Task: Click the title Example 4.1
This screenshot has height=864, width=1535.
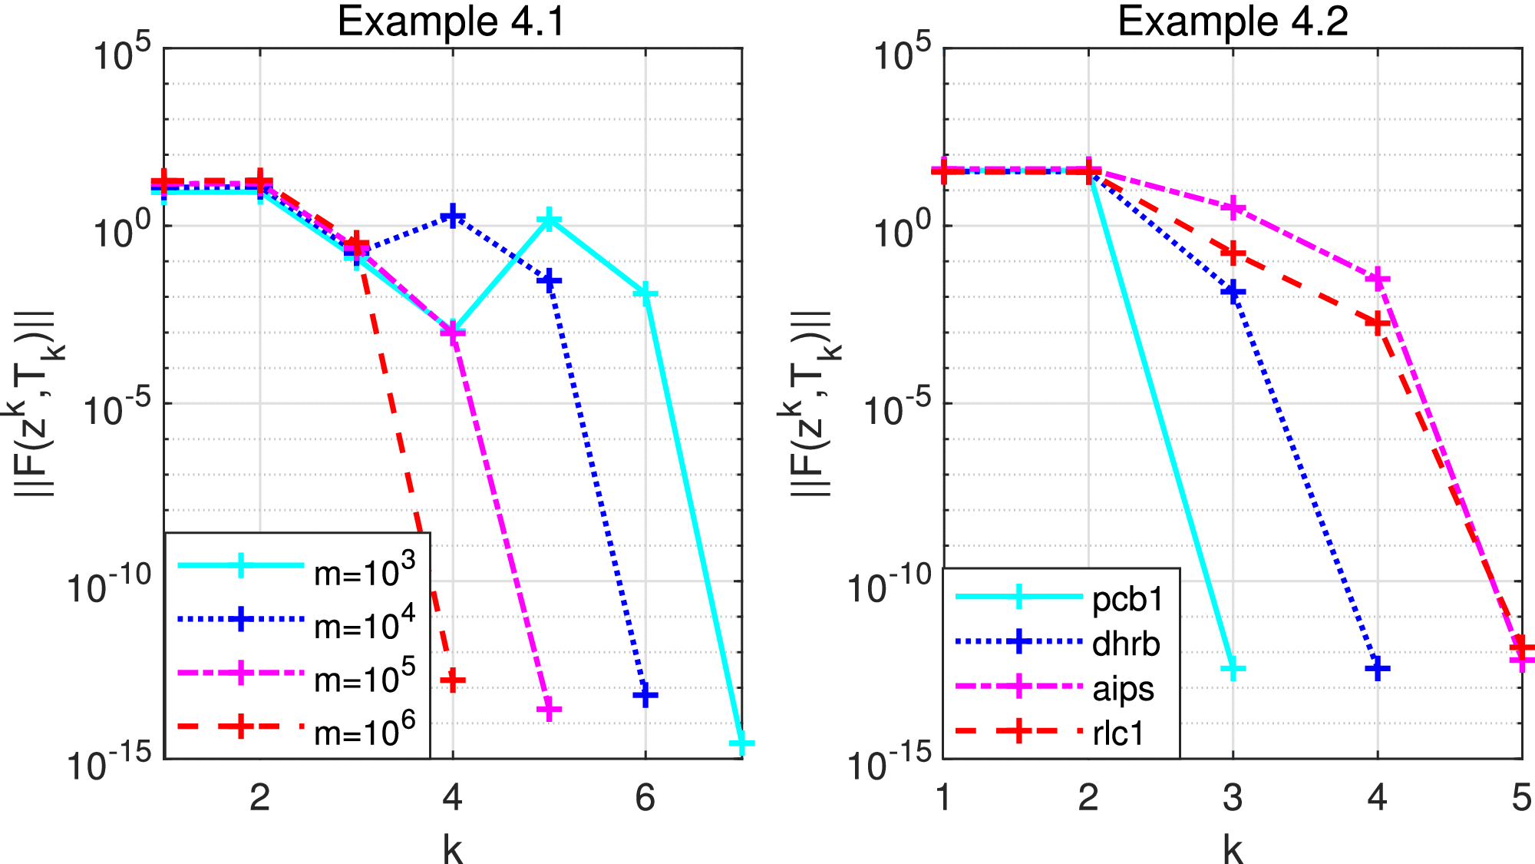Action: point(451,22)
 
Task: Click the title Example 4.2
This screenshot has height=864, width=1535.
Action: point(1233,22)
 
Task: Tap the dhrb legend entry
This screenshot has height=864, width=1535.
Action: point(1125,644)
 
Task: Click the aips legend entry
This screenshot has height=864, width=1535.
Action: point(1123,689)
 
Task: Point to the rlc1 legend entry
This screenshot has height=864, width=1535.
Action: point(1118,733)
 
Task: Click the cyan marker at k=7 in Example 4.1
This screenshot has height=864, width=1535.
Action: point(741,743)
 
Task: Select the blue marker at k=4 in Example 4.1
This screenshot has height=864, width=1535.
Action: point(453,216)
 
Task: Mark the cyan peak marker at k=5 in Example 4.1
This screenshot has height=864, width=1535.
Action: point(549,221)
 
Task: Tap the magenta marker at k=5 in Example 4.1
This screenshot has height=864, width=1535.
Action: point(549,710)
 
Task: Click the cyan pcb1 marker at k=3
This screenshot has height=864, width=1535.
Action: point(1233,670)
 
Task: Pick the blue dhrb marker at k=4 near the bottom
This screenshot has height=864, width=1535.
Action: point(1378,668)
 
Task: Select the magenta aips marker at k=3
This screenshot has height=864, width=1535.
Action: point(1233,207)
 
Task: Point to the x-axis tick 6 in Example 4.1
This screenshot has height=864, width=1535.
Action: point(645,799)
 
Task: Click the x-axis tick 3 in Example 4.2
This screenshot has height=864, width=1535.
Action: point(1233,799)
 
